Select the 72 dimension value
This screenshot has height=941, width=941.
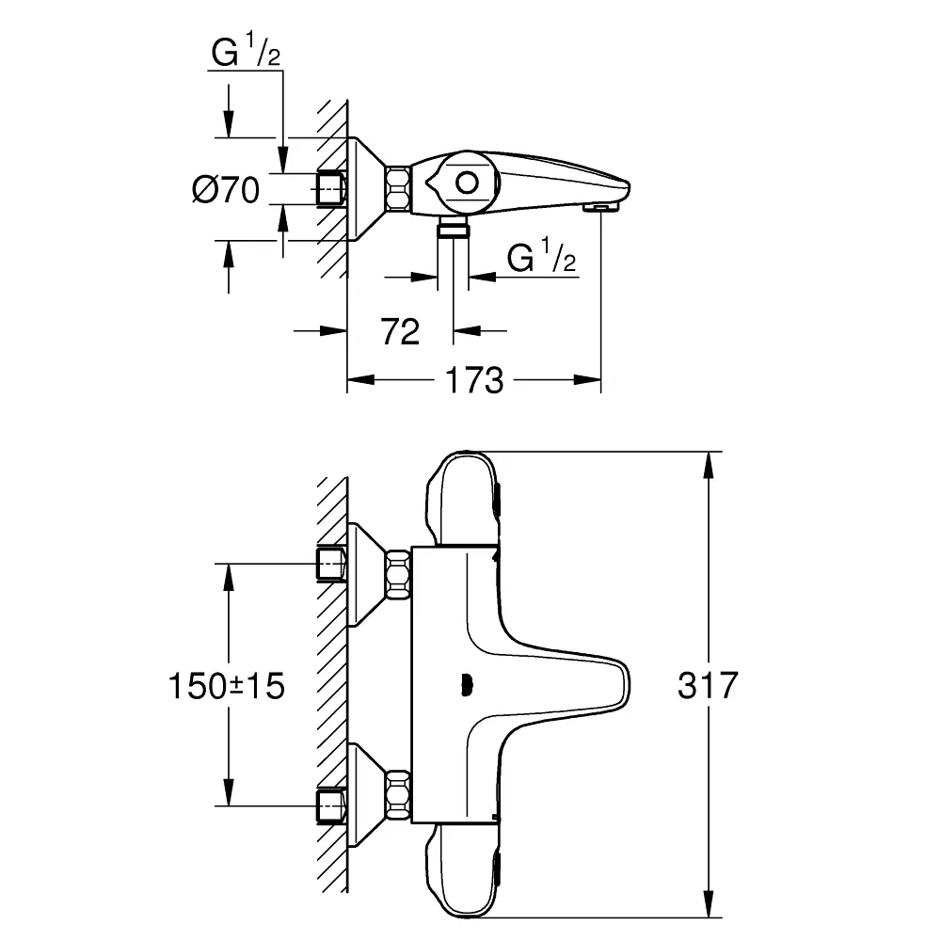click(401, 330)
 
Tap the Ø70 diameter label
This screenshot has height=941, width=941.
click(225, 190)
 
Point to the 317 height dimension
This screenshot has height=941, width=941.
click(708, 685)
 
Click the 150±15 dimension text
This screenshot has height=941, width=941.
click(226, 686)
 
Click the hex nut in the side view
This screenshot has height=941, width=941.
click(397, 187)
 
